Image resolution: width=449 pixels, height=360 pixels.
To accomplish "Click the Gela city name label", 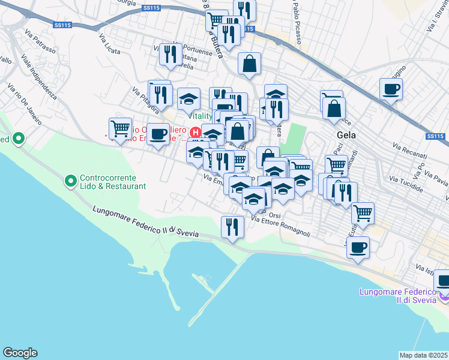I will pos(346,135).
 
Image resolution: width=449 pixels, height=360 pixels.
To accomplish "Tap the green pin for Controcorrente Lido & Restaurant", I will pos(71,179).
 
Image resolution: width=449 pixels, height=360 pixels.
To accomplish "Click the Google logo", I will pos(20,353).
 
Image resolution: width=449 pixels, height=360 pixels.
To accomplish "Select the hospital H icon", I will pos(194,132).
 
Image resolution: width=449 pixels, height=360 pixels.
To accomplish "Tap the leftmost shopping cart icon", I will pos(120,128).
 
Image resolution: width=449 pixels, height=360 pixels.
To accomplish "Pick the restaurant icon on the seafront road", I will pos(232,227).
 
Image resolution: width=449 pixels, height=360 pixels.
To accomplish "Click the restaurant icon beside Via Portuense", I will pos(170,55).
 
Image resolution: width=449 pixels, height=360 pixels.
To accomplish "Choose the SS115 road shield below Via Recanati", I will pos(435,137).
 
